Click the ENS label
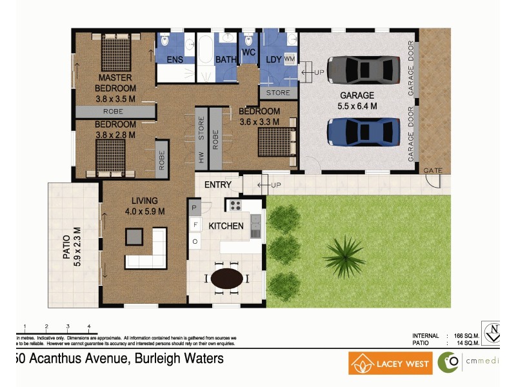coord(175,60)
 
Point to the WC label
coord(248,52)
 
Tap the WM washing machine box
coord(289,59)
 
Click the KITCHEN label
coord(226,226)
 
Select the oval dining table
coord(228,279)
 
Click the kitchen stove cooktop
coord(235,206)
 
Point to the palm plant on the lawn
coord(346,253)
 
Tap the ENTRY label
coord(217,185)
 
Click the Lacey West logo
coord(390,363)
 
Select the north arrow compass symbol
coord(495,333)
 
